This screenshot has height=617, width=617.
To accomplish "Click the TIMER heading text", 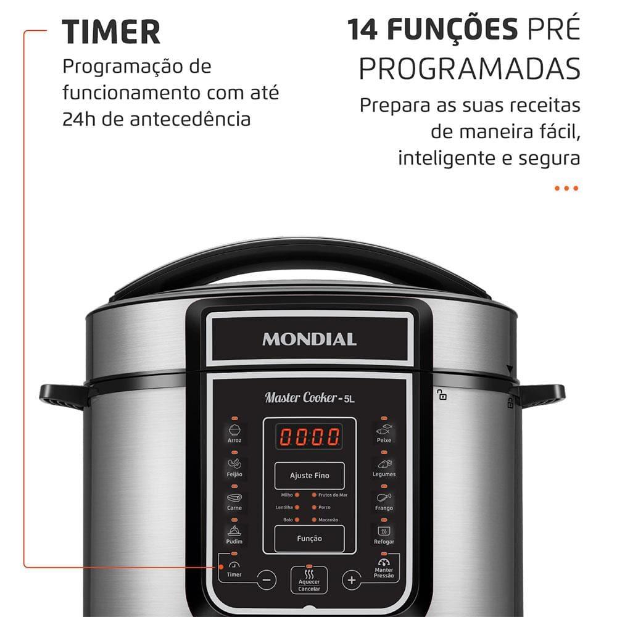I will (111, 31).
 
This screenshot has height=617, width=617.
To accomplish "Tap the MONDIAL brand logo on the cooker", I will (309, 339).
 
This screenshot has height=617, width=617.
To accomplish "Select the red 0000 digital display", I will (310, 437).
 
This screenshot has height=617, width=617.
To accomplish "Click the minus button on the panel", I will (267, 580).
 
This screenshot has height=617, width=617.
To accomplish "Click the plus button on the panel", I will (351, 580).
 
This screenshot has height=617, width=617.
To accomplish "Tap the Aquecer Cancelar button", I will (309, 579).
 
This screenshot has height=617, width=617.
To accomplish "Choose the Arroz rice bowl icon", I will (234, 429).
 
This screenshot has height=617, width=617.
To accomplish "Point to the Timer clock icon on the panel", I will (234, 565).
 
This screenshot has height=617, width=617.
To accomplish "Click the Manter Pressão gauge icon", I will (384, 563).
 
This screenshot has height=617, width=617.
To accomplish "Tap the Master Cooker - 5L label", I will (310, 398).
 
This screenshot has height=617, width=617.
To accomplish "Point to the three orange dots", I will (566, 188).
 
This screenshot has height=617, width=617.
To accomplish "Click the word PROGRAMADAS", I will (470, 69).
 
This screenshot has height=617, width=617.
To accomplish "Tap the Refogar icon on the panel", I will (384, 531).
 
